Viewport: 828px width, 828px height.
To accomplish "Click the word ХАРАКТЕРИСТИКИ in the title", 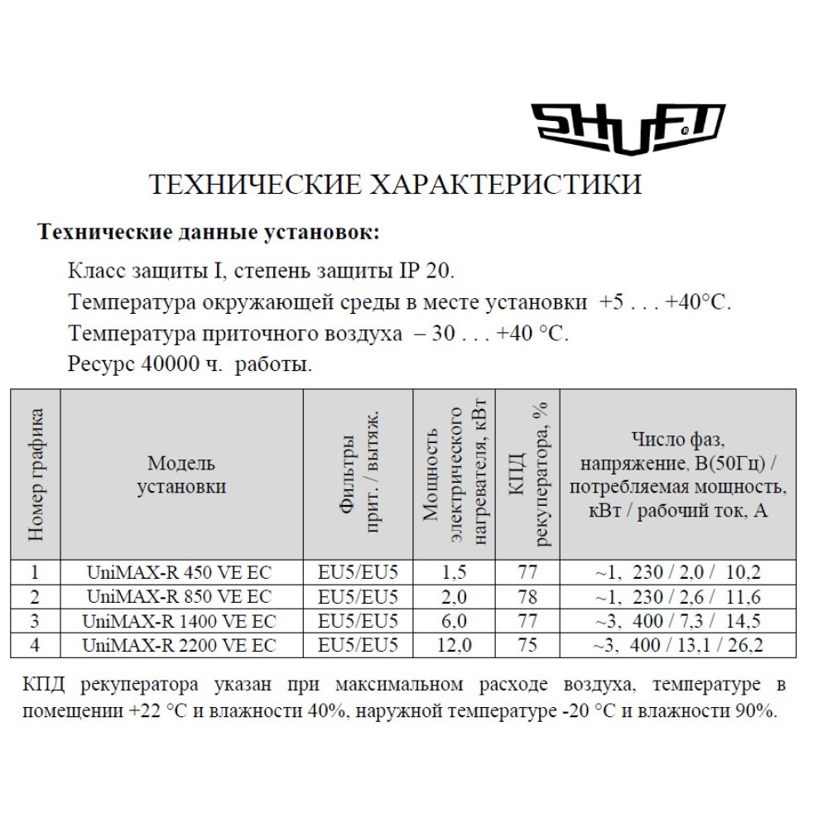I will pos(503,184).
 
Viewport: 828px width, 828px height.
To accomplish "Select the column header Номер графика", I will pos(36,474).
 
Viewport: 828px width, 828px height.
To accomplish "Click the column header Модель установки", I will pos(181,474).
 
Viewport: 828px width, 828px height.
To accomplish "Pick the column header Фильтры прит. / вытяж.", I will pos(359,474).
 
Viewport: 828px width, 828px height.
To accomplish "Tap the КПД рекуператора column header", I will pos(527,474).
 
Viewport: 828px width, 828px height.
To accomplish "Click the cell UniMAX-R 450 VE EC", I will pos(179,572).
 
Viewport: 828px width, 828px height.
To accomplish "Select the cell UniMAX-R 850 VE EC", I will pos(179,596).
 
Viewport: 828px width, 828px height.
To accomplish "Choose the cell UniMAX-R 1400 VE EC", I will pos(179,620).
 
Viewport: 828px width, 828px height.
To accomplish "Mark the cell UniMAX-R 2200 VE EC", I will pos(179,644).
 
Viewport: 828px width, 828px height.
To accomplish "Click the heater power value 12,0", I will pos(455,644).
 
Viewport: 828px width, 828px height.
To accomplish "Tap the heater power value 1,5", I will pos(455,572).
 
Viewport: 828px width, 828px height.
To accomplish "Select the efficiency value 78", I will pos(527,596).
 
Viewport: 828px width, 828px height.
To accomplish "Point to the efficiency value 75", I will pos(527,644).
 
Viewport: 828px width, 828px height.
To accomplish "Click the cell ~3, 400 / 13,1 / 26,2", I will pos(677,644).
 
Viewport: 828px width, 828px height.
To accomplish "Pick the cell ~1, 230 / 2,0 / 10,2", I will pos(677,572).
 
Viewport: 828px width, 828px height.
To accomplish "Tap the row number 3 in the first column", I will pos(35,620).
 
